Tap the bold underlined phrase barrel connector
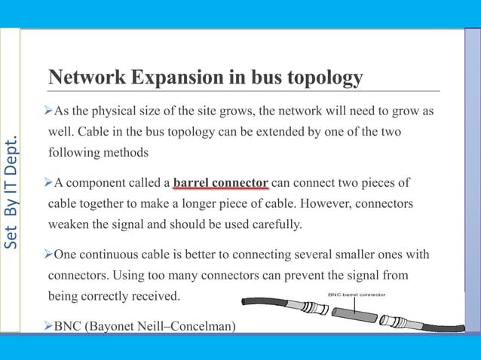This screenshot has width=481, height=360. pyautogui.click(x=220, y=183)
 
